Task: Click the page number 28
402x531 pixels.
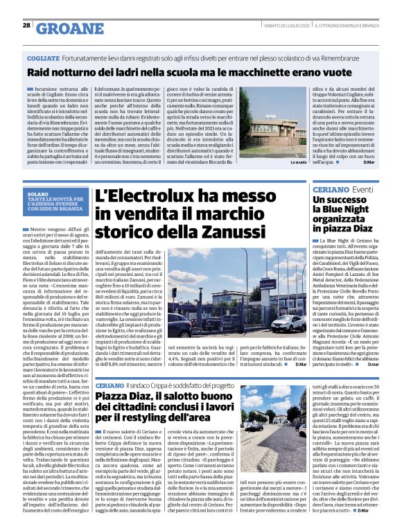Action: tap(26, 25)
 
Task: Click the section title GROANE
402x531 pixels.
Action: tap(65, 28)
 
